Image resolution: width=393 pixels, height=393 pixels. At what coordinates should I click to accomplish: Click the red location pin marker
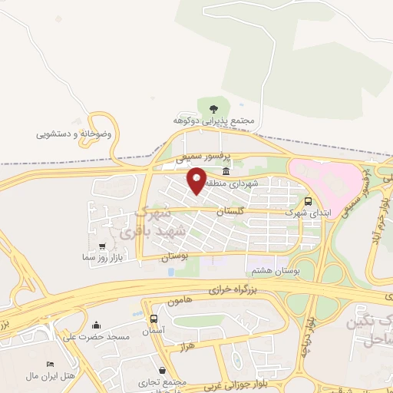click(x=197, y=180)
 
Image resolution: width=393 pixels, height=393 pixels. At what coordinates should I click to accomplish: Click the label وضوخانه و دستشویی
click(x=74, y=134)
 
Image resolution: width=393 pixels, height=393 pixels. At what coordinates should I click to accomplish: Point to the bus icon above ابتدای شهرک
click(x=308, y=202)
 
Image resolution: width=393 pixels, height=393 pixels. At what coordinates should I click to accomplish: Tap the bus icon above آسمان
click(x=154, y=319)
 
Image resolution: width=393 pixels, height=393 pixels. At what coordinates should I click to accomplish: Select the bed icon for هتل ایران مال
click(x=51, y=364)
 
